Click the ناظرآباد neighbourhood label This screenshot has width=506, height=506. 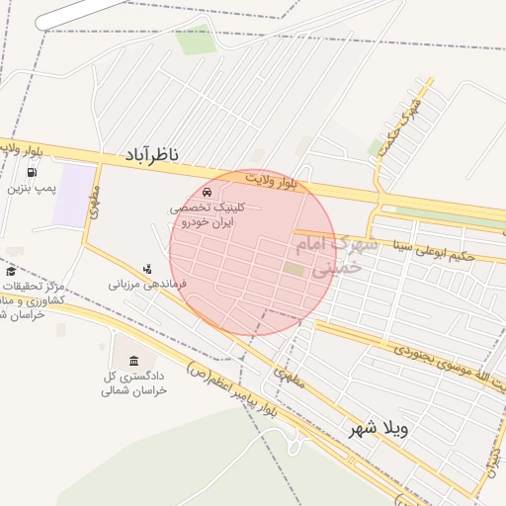(152, 154)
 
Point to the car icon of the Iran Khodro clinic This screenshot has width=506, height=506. (206, 192)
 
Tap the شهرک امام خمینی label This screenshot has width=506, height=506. (344, 254)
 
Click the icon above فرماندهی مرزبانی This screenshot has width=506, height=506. (147, 268)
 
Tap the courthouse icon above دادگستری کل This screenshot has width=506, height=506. (132, 357)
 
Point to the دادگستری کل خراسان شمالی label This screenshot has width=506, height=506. (136, 382)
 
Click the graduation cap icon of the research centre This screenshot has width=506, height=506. (11, 272)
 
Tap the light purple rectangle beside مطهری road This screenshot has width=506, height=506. (68, 201)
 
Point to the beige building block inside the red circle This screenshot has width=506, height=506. (295, 269)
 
